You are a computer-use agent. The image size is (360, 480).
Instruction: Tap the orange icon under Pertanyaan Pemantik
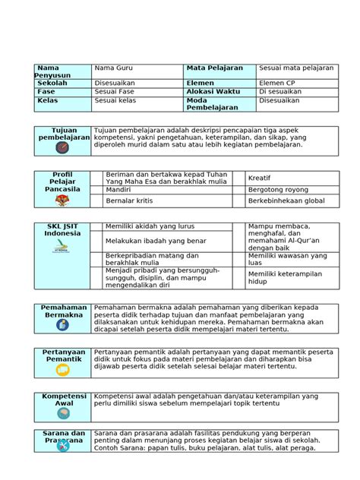click(x=62, y=370)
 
